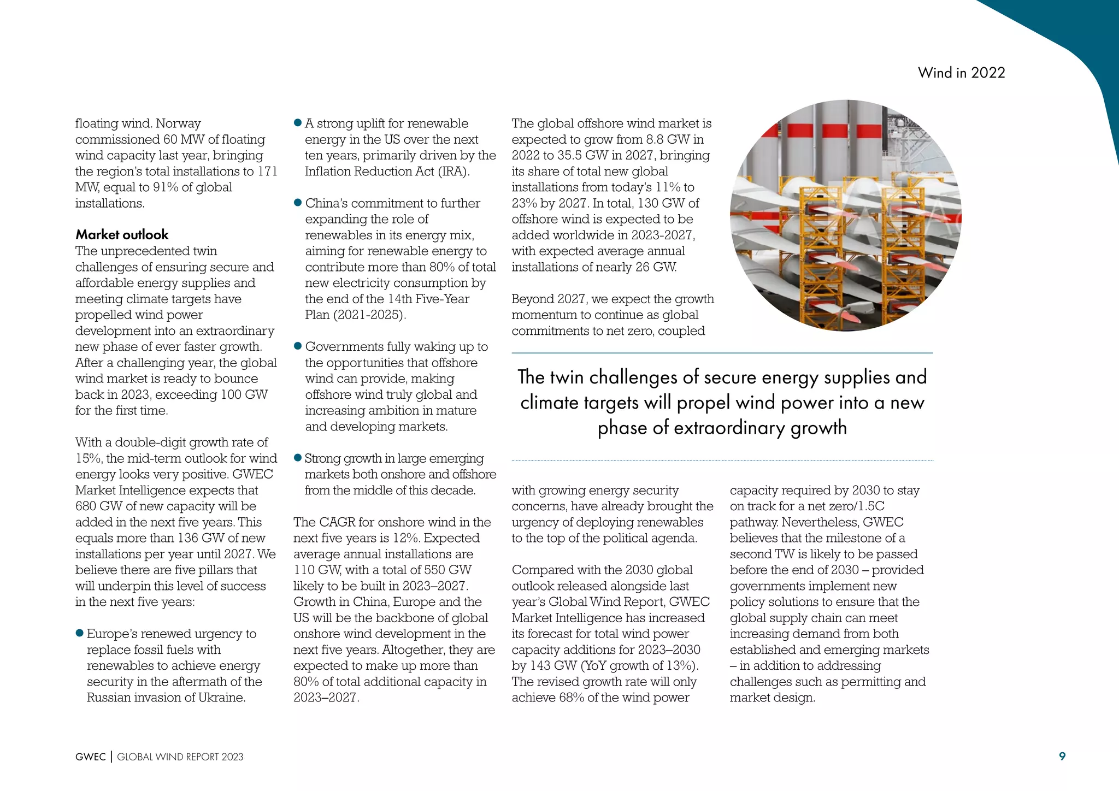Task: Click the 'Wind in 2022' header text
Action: [961, 73]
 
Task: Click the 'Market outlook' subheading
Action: [122, 235]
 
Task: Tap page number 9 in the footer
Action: [1062, 756]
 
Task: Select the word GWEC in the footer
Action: [91, 757]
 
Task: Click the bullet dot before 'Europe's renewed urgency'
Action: [80, 633]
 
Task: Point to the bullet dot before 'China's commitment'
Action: [298, 203]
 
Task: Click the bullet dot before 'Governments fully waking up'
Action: [298, 346]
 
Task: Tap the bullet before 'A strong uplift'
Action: [298, 123]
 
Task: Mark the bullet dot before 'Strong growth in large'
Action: [298, 458]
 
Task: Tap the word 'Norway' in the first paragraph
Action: [178, 123]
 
